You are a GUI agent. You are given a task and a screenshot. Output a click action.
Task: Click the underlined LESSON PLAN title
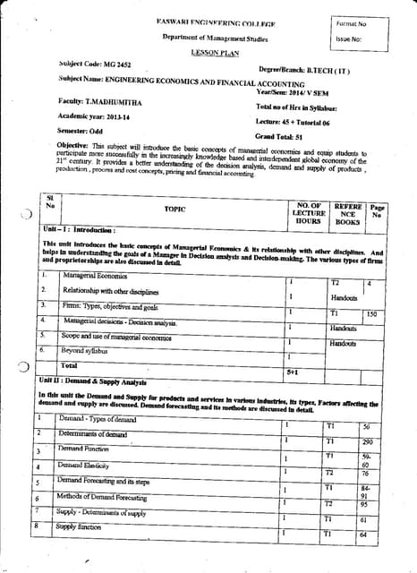coord(208,53)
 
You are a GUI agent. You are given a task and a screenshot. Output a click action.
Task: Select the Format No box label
coord(352,23)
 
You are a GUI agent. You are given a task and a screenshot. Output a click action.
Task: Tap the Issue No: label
coord(349,39)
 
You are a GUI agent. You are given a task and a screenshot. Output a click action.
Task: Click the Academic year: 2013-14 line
coord(92,115)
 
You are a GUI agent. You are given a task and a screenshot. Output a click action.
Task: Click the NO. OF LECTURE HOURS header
coord(309,212)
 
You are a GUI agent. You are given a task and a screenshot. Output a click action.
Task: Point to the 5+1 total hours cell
coord(293,370)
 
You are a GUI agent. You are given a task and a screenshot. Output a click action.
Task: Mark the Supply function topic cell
coord(79,528)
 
